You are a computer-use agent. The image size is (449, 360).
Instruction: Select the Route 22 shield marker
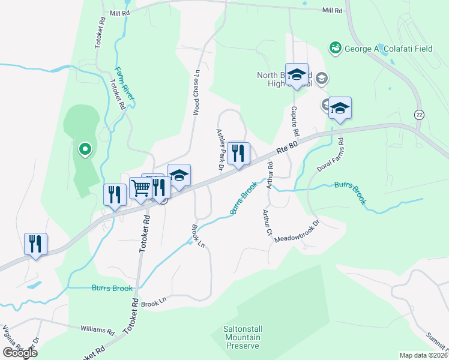pos(418,113)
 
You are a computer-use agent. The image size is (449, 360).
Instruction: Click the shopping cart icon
pos(140,188)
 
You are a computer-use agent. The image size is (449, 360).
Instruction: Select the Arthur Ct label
pos(267,222)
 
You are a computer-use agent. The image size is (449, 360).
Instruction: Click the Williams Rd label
pos(97,329)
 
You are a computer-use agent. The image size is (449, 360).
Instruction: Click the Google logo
pos(20,353)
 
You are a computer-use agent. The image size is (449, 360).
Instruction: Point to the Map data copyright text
pos(423,355)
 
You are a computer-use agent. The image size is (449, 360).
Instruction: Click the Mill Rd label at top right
pos(331,11)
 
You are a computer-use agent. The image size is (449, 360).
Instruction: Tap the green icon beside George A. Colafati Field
pos(334,46)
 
